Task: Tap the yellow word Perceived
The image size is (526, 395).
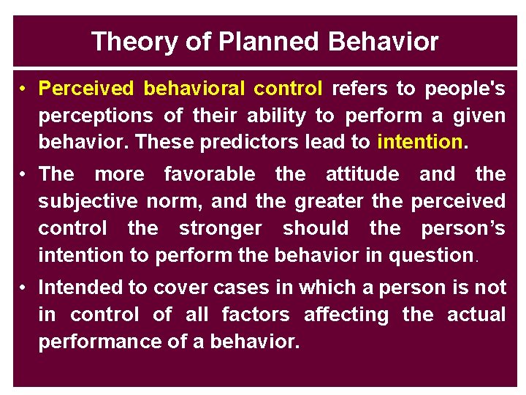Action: (86, 89)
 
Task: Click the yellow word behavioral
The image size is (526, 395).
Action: (194, 89)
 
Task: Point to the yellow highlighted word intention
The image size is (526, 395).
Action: (420, 142)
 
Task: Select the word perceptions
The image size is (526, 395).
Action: (96, 116)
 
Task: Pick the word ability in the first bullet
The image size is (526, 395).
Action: (277, 116)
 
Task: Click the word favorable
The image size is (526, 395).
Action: (210, 174)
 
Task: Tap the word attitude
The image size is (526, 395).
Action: (362, 174)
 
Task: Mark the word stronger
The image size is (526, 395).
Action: (220, 228)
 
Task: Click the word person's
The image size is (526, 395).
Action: (463, 228)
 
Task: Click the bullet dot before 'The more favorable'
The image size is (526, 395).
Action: (24, 175)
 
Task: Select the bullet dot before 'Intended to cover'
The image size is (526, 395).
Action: (24, 288)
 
